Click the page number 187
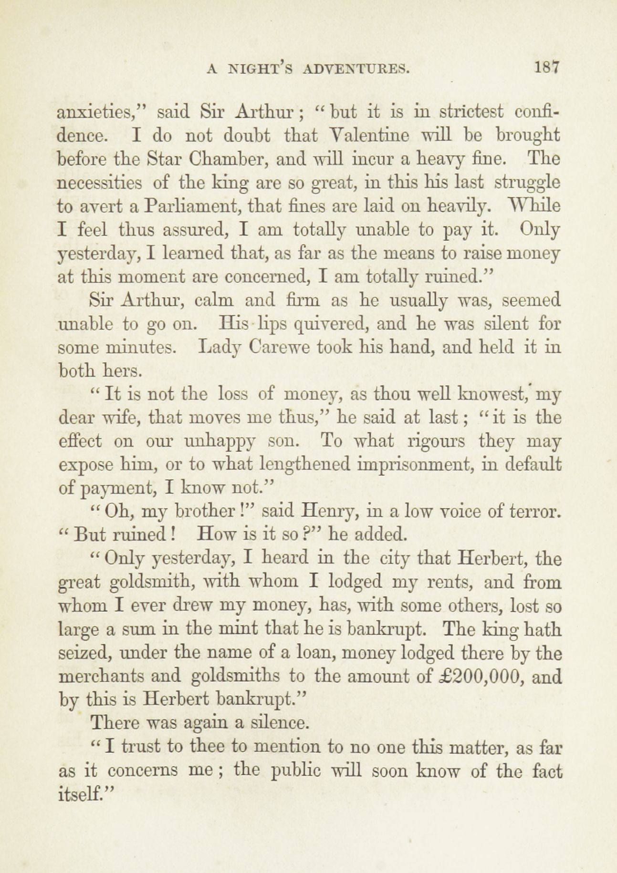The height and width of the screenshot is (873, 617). [546, 68]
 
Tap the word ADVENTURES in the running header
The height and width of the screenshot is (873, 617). [356, 70]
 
